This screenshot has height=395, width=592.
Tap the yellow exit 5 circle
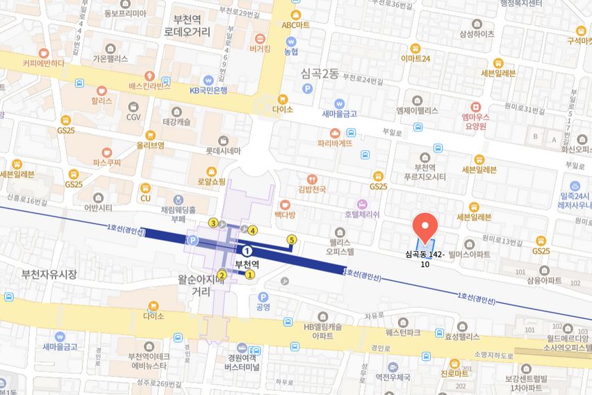[x=291, y=240]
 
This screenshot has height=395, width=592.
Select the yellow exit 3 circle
[x=213, y=223]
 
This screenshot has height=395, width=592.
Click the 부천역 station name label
[x=247, y=264]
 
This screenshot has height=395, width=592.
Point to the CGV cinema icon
[x=133, y=106]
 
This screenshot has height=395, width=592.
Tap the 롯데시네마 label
[x=223, y=150]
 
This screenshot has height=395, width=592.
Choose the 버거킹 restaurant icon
[x=261, y=38]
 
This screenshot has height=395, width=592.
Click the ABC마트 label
[x=295, y=25]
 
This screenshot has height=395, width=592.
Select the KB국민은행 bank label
[x=208, y=90]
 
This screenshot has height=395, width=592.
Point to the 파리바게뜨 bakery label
[x=335, y=143]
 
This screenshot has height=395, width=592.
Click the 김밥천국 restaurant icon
[x=312, y=178]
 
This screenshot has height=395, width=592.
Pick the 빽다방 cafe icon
[x=284, y=204]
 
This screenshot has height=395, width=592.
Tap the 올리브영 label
[x=150, y=145]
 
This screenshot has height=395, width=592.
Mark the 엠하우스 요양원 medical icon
[x=476, y=107]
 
